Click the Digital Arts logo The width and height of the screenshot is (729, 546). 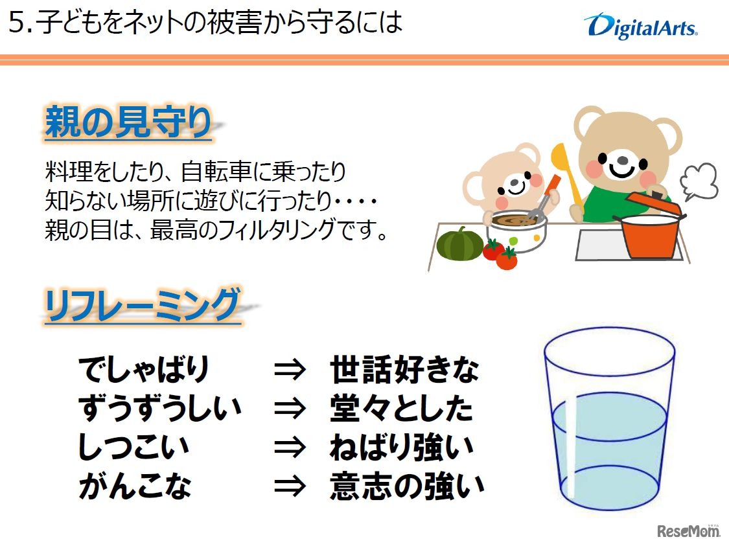tap(640, 27)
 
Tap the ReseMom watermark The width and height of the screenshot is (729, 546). tap(689, 530)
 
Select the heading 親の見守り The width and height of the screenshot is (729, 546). tap(128, 123)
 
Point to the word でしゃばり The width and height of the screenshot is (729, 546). tap(144, 370)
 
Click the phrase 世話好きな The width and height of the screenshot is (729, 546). tap(404, 370)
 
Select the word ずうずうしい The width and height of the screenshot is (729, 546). tap(159, 408)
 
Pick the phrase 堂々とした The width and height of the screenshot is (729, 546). tap(401, 408)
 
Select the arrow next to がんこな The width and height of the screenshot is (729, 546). tap(289, 486)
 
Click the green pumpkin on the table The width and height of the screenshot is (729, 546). tap(459, 244)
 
